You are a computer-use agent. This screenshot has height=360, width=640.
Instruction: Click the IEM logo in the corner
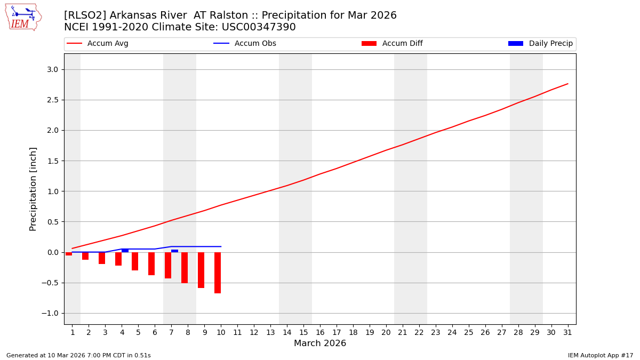[23, 17]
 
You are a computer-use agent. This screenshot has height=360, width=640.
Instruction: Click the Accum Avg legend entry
[107, 44]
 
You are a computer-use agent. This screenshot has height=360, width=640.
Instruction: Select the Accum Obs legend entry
[255, 44]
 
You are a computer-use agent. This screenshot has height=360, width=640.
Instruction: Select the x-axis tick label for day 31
[567, 332]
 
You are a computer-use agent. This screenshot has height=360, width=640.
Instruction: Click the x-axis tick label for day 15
[303, 332]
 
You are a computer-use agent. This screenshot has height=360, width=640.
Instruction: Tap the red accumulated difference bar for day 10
[218, 273]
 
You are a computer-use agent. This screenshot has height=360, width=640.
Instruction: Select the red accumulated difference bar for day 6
[151, 263]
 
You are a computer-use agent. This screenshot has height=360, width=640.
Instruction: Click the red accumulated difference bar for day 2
[85, 256]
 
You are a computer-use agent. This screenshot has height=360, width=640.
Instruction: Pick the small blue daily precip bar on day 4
[125, 251]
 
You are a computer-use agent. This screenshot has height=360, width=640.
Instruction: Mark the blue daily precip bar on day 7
[174, 251]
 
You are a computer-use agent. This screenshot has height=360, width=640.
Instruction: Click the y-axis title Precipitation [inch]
[33, 189]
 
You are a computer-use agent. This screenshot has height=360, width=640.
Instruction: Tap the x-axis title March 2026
[320, 343]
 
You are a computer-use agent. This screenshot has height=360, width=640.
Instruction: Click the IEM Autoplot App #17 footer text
[601, 355]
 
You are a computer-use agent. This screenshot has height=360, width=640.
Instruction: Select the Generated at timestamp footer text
[78, 355]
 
